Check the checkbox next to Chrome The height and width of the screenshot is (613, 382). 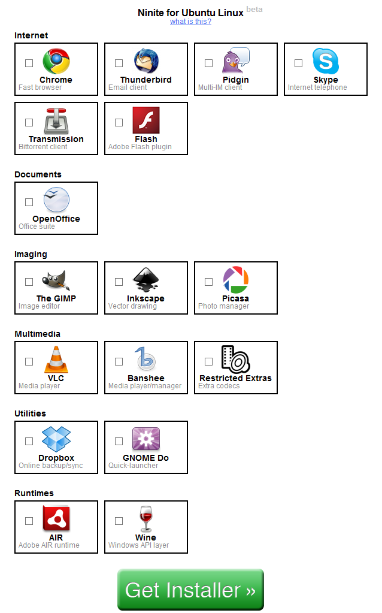(x=29, y=63)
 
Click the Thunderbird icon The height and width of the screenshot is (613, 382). (x=146, y=61)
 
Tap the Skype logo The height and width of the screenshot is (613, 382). (x=325, y=61)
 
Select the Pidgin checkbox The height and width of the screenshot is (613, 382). (x=208, y=63)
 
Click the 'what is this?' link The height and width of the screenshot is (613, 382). (x=190, y=22)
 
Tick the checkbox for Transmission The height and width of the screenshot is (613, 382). (x=29, y=122)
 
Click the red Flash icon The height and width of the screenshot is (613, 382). (x=146, y=120)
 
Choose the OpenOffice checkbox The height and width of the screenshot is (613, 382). (x=29, y=202)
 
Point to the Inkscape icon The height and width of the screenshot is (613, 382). (x=146, y=279)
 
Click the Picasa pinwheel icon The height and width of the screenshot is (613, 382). (x=235, y=279)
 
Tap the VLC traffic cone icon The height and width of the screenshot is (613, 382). (x=56, y=360)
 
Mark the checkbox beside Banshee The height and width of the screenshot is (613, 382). (x=119, y=361)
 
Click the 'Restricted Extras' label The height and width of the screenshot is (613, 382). (x=235, y=378)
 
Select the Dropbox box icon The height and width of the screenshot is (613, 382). (x=56, y=439)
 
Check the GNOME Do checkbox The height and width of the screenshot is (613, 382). (x=119, y=442)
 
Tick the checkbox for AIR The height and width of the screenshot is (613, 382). (x=29, y=521)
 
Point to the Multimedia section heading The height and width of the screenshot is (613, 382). (x=38, y=334)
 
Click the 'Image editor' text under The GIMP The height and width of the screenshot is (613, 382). (x=39, y=306)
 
